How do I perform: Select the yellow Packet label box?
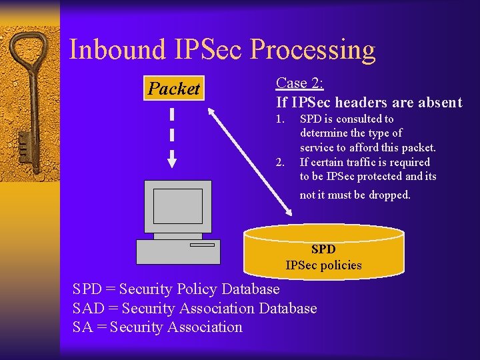click(x=174, y=89)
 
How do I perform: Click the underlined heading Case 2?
click(x=299, y=83)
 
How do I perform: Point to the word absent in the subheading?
click(x=437, y=102)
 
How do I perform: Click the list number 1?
click(x=280, y=119)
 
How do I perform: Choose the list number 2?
click(x=280, y=162)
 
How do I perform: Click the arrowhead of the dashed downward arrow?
click(x=171, y=161)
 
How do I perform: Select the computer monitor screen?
click(x=177, y=205)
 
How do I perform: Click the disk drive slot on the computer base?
click(x=202, y=245)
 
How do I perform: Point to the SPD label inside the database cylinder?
click(x=323, y=249)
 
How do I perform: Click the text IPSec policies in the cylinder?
click(x=323, y=265)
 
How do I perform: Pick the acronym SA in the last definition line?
click(x=83, y=327)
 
